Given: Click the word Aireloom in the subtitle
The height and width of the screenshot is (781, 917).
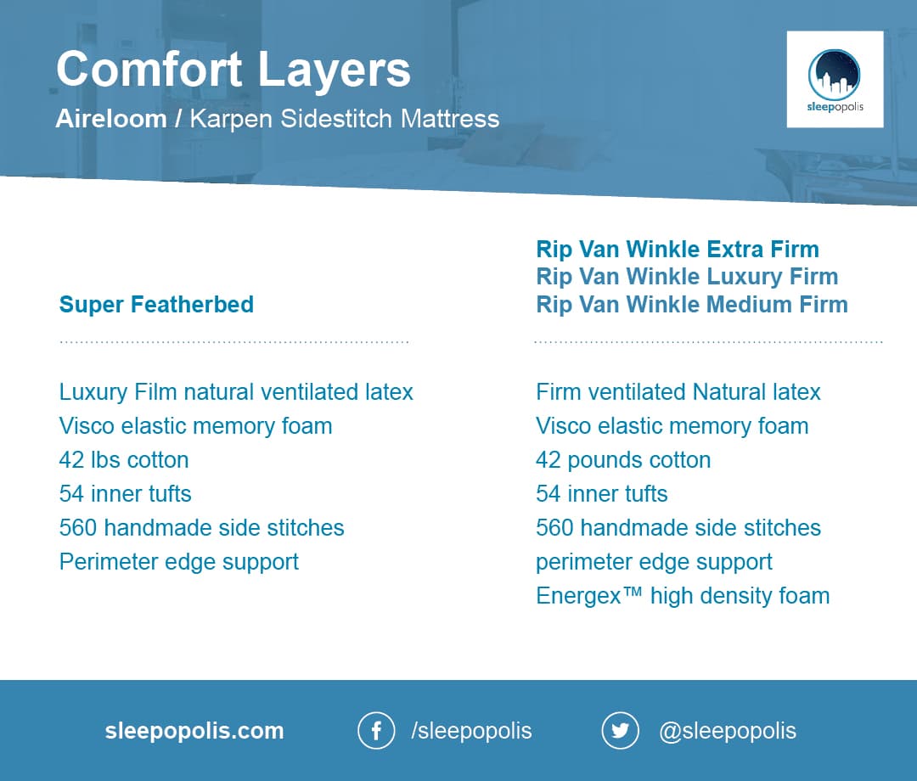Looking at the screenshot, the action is pyautogui.click(x=111, y=119).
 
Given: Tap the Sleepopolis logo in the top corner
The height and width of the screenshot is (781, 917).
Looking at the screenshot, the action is pyautogui.click(x=835, y=80).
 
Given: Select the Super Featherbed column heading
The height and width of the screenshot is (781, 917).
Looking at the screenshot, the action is pyautogui.click(x=156, y=305).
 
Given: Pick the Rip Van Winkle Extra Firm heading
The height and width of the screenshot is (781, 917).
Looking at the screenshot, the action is pyautogui.click(x=678, y=249).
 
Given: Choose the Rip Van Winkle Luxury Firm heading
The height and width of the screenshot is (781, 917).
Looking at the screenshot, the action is pyautogui.click(x=687, y=277).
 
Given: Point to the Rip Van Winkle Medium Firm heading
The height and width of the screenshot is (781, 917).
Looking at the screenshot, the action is pyautogui.click(x=692, y=305).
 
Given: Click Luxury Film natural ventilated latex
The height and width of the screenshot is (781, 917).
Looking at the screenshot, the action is pyautogui.click(x=236, y=392).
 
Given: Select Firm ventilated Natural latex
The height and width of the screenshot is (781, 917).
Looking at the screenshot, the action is pyautogui.click(x=678, y=392).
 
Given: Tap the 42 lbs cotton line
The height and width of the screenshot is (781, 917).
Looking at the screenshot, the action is pyautogui.click(x=124, y=460).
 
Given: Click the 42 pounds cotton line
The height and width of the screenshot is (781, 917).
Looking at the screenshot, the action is pyautogui.click(x=623, y=460).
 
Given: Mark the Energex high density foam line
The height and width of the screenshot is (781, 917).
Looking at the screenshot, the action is pyautogui.click(x=683, y=596).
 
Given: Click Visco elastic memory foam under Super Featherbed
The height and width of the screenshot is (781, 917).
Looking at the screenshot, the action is pyautogui.click(x=195, y=426).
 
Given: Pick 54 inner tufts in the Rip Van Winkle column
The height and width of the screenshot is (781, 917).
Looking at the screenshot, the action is pyautogui.click(x=602, y=494).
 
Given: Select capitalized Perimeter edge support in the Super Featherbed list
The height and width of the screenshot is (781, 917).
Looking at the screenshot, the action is pyautogui.click(x=179, y=562).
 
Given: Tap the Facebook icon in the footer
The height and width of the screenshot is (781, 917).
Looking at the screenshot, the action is pyautogui.click(x=376, y=730).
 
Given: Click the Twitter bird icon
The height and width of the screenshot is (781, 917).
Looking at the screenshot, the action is pyautogui.click(x=620, y=730).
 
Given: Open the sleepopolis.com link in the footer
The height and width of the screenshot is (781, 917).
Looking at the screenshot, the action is pyautogui.click(x=194, y=731).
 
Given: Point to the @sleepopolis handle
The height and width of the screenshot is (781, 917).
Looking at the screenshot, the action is pyautogui.click(x=728, y=731).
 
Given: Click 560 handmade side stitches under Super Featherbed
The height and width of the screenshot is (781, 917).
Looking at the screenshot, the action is pyautogui.click(x=202, y=528).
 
